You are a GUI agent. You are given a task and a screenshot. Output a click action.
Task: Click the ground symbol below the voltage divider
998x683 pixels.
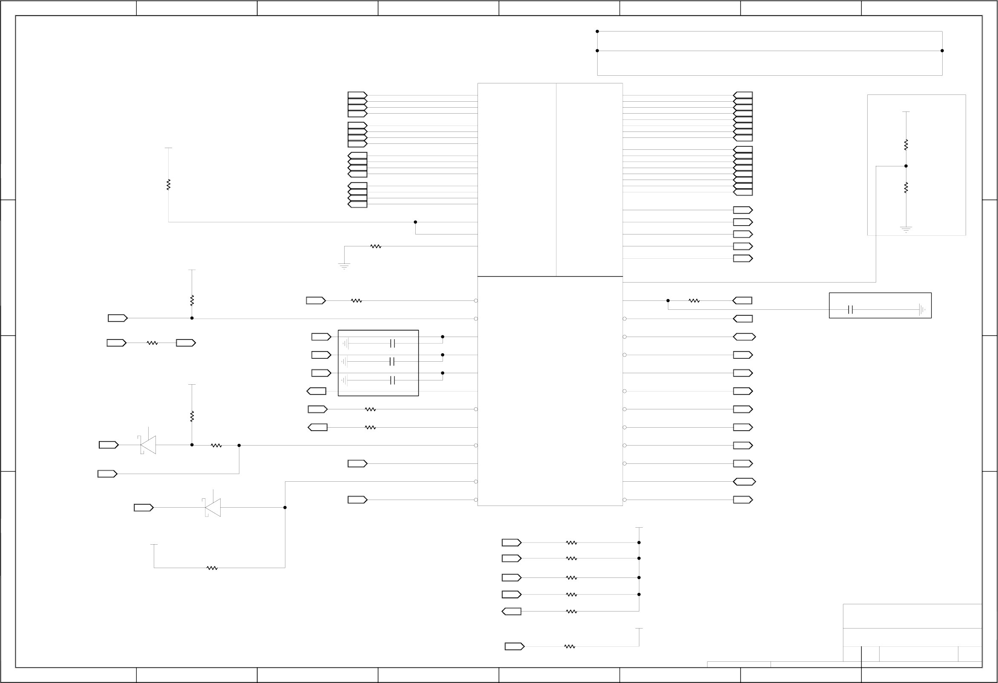point(906,229)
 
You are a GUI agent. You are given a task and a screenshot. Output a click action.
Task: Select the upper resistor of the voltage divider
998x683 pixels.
point(906,145)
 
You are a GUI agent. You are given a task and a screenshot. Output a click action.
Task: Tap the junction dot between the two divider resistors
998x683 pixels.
point(906,166)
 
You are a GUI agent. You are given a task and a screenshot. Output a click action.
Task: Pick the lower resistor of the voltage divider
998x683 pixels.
point(906,188)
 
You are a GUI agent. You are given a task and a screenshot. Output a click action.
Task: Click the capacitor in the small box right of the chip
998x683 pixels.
point(850,310)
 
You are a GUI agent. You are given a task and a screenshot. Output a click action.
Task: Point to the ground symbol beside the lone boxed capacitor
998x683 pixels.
point(922,310)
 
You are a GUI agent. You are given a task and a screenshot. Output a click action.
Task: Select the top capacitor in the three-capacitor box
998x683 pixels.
point(392,343)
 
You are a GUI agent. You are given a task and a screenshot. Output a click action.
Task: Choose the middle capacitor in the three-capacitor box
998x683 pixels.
point(391,362)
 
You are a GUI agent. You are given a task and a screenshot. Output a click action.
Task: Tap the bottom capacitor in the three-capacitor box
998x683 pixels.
point(392,380)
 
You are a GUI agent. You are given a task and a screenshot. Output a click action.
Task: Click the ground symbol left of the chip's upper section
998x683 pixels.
point(344,266)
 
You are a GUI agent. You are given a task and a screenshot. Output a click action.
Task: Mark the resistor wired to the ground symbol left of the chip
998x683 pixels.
point(376,246)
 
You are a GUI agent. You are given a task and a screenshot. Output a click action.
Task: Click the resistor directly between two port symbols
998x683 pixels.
point(152,343)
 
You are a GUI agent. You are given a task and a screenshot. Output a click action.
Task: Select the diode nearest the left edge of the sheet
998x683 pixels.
point(148,445)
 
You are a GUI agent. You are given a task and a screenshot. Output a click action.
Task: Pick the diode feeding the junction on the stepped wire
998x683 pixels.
point(213,508)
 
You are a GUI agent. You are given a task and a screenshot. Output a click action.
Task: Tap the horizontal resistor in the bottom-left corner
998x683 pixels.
point(212,568)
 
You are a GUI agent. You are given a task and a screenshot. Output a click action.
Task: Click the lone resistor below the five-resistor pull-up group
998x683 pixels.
point(569,646)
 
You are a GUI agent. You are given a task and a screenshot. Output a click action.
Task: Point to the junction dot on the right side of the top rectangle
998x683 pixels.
point(942,51)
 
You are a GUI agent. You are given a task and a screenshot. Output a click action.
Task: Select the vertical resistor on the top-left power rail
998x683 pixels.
point(168,185)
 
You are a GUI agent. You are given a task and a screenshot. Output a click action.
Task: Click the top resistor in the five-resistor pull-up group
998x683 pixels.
point(571,543)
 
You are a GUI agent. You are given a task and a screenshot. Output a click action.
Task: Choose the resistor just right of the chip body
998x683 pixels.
point(694,301)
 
